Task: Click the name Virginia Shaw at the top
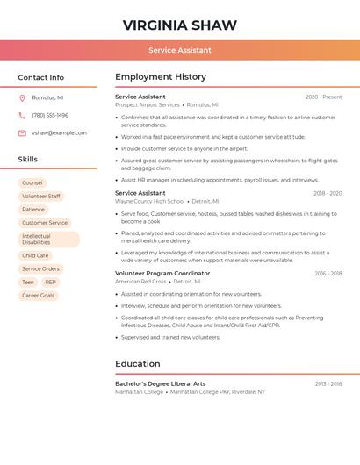(180, 24)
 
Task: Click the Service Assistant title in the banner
(180, 50)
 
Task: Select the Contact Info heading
(40, 77)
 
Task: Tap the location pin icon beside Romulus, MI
(22, 97)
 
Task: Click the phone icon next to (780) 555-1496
(22, 115)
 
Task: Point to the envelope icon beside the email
(22, 132)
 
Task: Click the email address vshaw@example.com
(59, 132)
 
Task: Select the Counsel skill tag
(32, 183)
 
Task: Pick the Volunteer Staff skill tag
(41, 197)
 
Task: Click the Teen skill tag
(28, 283)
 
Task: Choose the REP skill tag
(50, 283)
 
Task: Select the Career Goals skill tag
(38, 296)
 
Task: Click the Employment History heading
(161, 77)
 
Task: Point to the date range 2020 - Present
(323, 97)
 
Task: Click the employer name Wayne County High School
(150, 201)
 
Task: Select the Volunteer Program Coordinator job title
(162, 274)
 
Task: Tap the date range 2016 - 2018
(328, 274)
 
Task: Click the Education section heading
(138, 364)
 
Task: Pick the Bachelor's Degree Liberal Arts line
(160, 383)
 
